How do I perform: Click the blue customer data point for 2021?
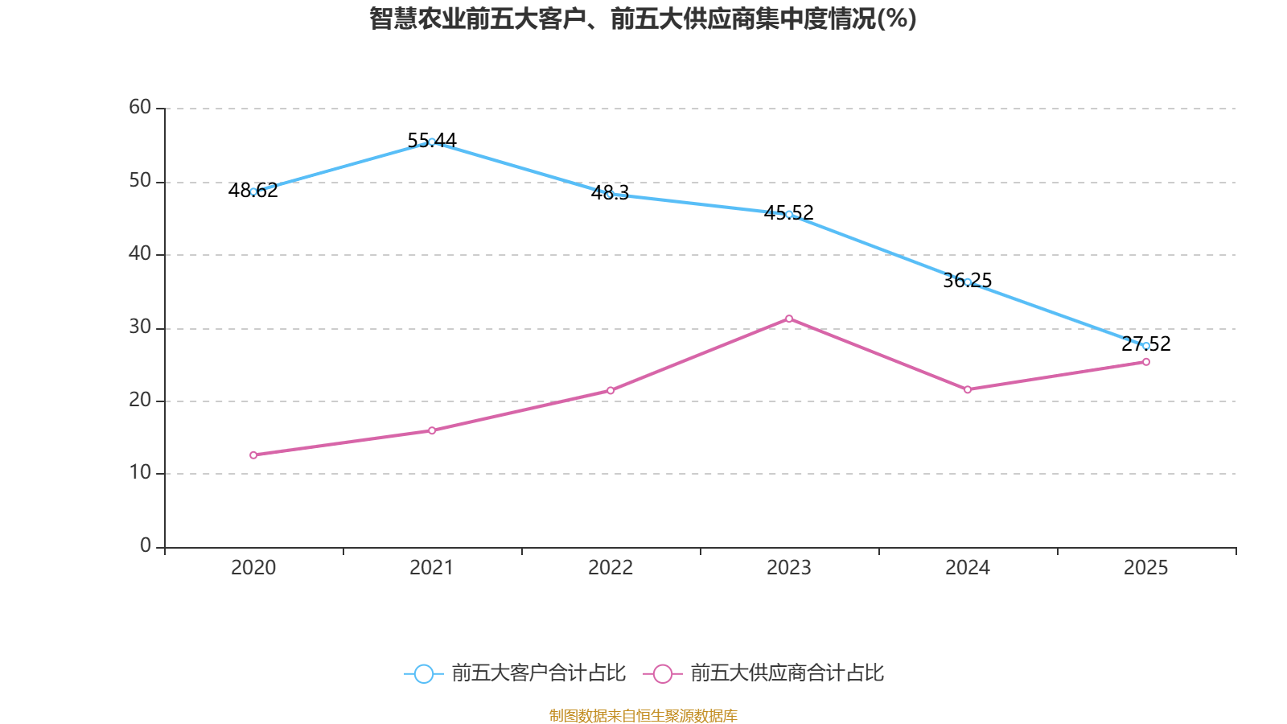click(x=432, y=142)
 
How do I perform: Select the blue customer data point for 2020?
click(x=253, y=191)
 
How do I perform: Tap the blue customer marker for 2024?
click(x=968, y=282)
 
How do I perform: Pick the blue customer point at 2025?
click(x=1146, y=346)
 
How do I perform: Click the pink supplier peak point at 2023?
click(x=789, y=319)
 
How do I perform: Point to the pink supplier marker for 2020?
click(x=253, y=455)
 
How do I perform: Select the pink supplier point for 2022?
click(x=611, y=390)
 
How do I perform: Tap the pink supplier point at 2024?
click(x=968, y=389)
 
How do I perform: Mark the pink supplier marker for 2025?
click(x=1146, y=362)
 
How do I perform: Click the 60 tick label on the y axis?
click(x=140, y=107)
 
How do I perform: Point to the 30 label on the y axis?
click(x=140, y=327)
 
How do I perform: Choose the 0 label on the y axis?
click(x=146, y=546)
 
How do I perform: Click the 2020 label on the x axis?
click(x=253, y=568)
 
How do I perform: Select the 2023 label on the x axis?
click(x=789, y=568)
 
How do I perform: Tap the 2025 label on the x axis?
click(x=1146, y=568)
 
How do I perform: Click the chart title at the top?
click(x=643, y=19)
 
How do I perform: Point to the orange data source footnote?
click(x=643, y=715)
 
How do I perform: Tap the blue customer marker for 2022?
click(x=611, y=195)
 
